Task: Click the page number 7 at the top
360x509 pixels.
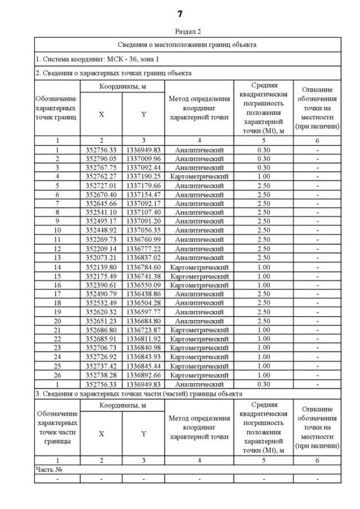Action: tap(179, 12)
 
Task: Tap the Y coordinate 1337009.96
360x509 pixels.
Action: tap(143, 159)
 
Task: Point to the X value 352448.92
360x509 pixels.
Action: tap(101, 229)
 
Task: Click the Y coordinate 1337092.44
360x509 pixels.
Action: tap(143, 168)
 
